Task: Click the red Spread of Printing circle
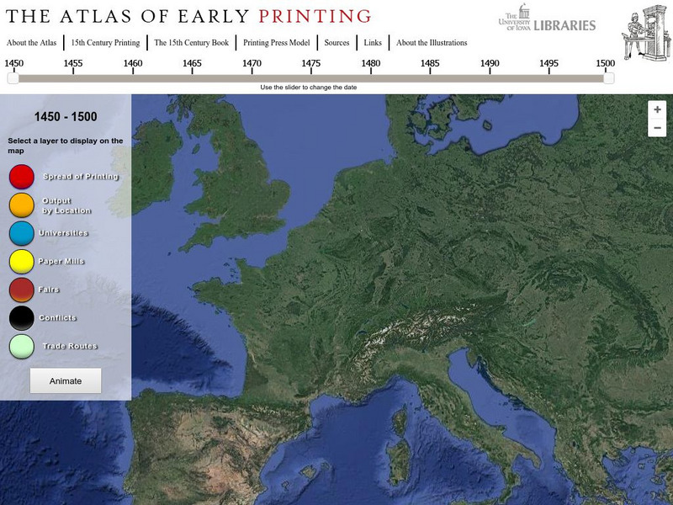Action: (22, 177)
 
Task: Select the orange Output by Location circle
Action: (22, 205)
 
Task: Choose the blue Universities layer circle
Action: (22, 233)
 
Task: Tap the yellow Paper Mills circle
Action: (22, 262)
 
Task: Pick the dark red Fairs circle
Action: (22, 290)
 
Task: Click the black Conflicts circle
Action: (22, 318)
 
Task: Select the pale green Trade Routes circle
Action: (22, 346)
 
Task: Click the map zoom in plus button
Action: (657, 109)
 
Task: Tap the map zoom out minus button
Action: (657, 128)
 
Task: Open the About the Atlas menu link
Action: (31, 43)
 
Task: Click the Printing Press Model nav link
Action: (277, 43)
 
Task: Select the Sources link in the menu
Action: (336, 43)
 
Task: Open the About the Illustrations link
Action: (432, 43)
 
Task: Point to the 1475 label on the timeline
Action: (311, 63)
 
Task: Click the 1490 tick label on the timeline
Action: (490, 63)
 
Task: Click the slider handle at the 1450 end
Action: (13, 78)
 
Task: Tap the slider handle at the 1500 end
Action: (608, 78)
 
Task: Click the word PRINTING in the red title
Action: (315, 16)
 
